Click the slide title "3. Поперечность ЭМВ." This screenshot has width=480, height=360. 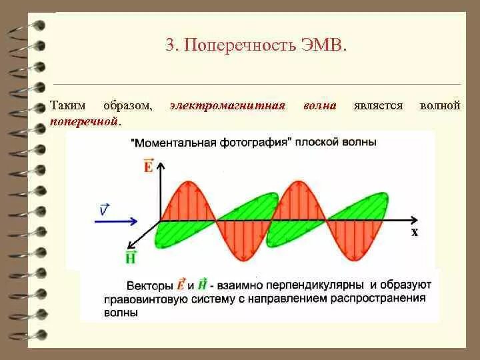257,45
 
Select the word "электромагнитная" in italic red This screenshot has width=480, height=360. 227,106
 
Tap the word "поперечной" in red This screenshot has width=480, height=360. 85,121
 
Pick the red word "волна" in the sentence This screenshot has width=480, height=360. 319,106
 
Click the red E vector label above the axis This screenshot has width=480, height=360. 148,165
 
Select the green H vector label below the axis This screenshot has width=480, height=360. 131,257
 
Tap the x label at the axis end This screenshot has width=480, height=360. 414,232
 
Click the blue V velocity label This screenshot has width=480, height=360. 104,209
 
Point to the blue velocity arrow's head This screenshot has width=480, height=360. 136,221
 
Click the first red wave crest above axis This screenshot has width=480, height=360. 187,193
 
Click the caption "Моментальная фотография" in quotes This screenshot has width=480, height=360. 213,142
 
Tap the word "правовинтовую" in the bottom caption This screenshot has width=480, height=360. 140,299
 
